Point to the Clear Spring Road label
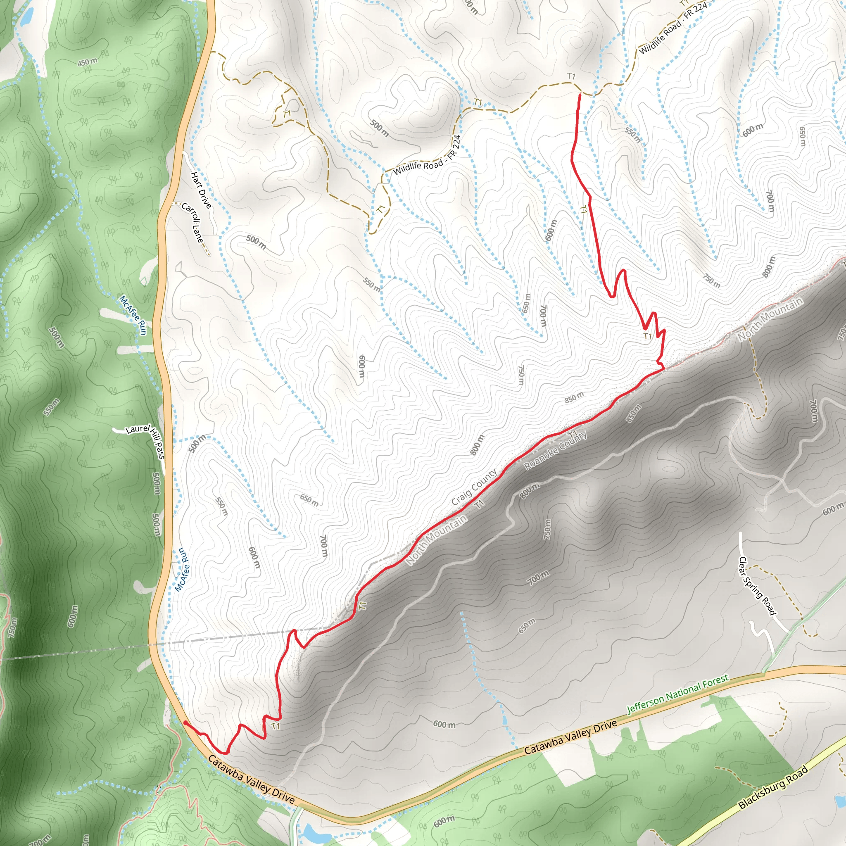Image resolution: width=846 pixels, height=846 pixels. pyautogui.click(x=757, y=586)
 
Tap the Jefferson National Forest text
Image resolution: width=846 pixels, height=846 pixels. pyautogui.click(x=677, y=694)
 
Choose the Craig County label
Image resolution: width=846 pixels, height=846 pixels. pyautogui.click(x=474, y=487)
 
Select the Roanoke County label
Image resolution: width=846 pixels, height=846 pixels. pyautogui.click(x=555, y=450)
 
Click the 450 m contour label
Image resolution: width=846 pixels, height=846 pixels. pyautogui.click(x=88, y=62)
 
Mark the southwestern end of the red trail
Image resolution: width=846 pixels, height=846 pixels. pyautogui.click(x=185, y=722)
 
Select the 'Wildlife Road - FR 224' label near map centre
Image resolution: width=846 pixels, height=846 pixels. pyautogui.click(x=427, y=155)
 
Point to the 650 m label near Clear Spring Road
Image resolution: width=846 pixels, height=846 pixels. pyautogui.click(x=527, y=626)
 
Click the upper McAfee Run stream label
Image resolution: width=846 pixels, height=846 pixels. pyautogui.click(x=133, y=315)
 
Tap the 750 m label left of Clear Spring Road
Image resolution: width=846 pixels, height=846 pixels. pyautogui.click(x=547, y=529)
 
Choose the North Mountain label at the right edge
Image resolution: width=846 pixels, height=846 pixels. pyautogui.click(x=771, y=319)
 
